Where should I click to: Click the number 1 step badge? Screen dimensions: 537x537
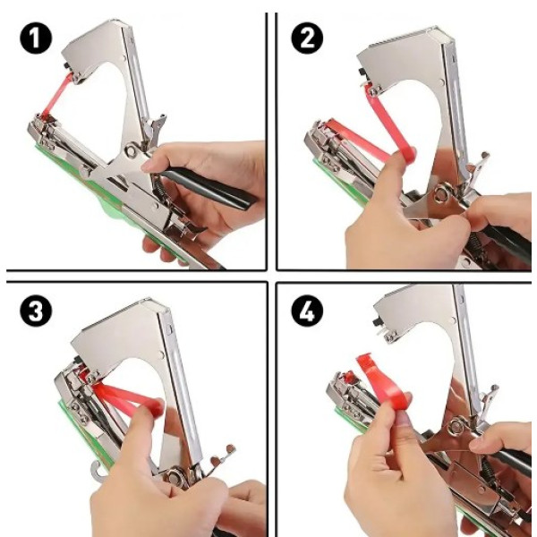coord(36,38)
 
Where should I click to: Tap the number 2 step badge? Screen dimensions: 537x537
coord(307,38)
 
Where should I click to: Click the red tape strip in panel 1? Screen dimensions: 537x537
coord(57,95)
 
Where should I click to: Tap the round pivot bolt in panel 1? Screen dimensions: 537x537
coord(131,150)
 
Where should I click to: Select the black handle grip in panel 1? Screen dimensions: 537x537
coord(209,189)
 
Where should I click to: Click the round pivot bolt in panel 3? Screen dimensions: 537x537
coord(175,477)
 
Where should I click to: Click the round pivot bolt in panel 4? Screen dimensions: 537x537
coord(456,426)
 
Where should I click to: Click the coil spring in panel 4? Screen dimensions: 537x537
coord(488,472)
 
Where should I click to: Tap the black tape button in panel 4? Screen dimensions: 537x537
coord(378,323)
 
